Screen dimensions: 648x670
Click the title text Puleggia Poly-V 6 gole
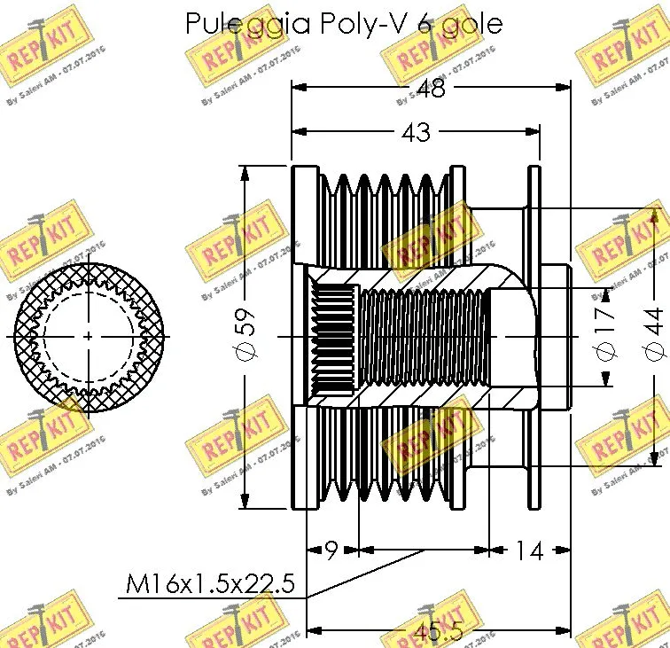click(x=343, y=23)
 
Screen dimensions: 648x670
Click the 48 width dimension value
click(x=432, y=88)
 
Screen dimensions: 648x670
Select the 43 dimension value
click(x=416, y=132)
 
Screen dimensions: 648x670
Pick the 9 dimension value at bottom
click(x=331, y=550)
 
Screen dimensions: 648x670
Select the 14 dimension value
click(x=528, y=550)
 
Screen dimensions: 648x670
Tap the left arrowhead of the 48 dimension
click(x=298, y=87)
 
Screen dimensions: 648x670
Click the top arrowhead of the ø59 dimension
click(x=245, y=170)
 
